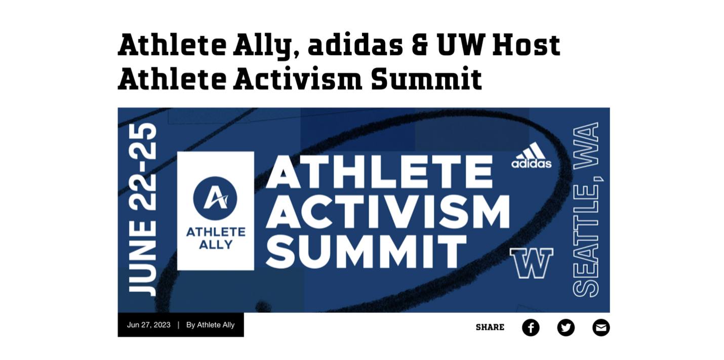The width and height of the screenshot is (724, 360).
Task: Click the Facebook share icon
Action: coord(531,328)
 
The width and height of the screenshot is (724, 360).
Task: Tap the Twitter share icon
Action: coord(566,328)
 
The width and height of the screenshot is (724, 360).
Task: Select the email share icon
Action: coord(601,328)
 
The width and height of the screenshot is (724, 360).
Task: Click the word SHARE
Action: coord(490,328)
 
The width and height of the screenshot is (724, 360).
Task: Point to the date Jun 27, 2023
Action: coord(149,325)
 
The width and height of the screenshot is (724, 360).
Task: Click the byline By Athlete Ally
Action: coord(211,325)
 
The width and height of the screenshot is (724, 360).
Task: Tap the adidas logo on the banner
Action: coord(532,155)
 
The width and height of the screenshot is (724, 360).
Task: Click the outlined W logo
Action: coord(532,263)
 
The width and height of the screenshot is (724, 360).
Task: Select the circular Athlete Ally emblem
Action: coord(215,198)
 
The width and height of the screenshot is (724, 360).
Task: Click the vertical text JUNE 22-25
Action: coord(143,210)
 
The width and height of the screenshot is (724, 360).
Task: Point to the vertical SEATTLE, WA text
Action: coord(587,210)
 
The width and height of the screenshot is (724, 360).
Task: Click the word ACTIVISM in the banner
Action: coord(388,212)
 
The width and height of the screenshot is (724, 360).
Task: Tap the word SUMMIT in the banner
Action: coord(366,252)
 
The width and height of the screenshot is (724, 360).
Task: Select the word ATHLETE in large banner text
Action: coord(379,172)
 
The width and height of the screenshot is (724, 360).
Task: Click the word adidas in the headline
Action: coord(355,45)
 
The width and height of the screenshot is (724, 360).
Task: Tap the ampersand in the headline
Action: coord(420,45)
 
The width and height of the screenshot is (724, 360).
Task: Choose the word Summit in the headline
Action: coord(427,79)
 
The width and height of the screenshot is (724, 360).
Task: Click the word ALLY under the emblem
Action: coord(216,245)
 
